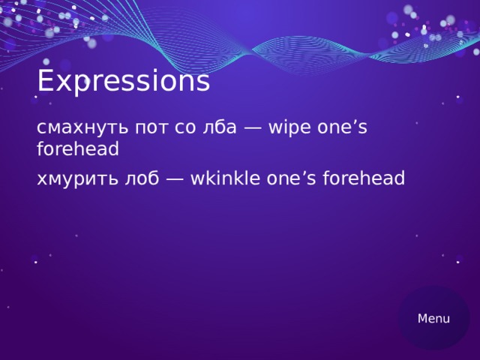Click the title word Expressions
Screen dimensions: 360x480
pos(123,82)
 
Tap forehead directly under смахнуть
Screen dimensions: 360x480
pos(78,149)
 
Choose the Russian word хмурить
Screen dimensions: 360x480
pos(78,178)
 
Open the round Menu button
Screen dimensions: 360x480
pos(433,318)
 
